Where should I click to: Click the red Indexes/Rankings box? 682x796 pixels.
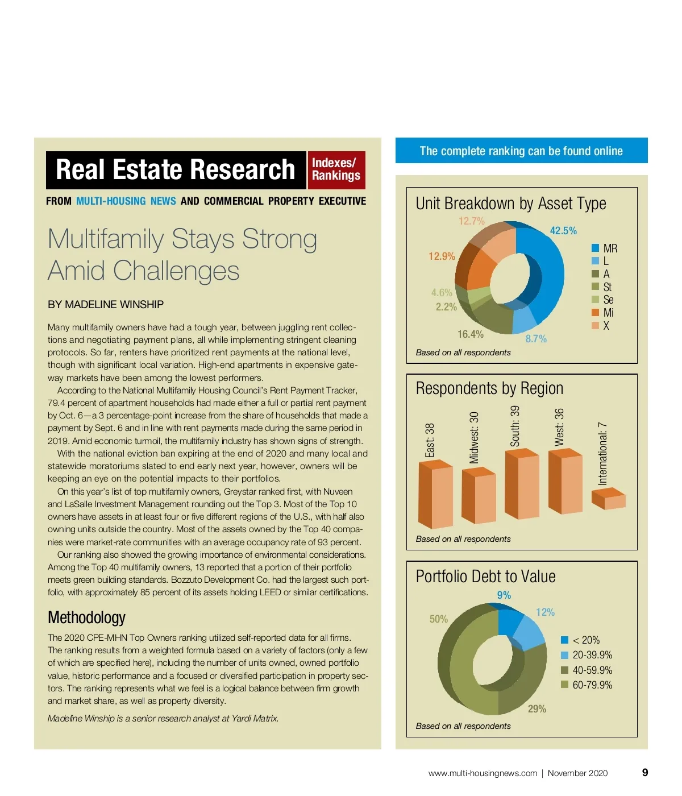(336, 169)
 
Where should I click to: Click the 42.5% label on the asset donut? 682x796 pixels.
(563, 230)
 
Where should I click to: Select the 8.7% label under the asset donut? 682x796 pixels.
(536, 339)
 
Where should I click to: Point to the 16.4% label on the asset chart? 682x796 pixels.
(471, 334)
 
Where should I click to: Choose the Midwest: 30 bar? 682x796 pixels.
(479, 495)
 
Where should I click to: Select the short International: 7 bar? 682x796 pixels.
(608, 499)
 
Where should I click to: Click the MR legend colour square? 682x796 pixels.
(596, 248)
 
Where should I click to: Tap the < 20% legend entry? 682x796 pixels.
(580, 640)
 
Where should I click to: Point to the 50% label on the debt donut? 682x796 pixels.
(439, 619)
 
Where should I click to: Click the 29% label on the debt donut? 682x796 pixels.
(537, 709)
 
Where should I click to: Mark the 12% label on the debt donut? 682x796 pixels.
(545, 612)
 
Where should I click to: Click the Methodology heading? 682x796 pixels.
(86, 617)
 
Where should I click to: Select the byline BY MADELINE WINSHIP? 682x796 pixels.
(106, 305)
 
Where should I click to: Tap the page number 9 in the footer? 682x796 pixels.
(645, 772)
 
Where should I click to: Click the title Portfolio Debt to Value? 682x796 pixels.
(486, 577)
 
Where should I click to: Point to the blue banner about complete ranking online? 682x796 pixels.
(521, 151)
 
